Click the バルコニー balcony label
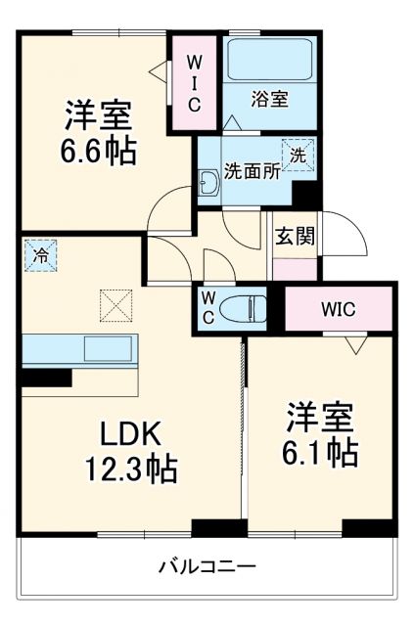tap(207, 566)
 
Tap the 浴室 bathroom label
tap(270, 100)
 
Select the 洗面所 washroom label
tap(252, 167)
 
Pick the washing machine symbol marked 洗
tap(299, 154)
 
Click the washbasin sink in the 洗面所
tap(207, 183)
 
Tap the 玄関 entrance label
tap(293, 236)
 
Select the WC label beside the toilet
tap(209, 309)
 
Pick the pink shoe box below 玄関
tap(293, 268)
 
